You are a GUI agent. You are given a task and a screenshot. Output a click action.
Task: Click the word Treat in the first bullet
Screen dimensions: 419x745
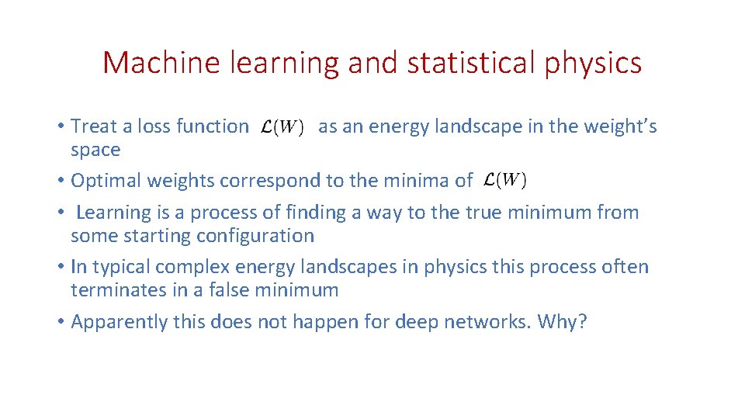point(93,126)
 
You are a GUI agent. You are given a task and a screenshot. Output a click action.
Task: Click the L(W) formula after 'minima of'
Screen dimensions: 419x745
point(504,181)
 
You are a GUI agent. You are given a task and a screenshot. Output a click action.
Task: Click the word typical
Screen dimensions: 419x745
point(120,267)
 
